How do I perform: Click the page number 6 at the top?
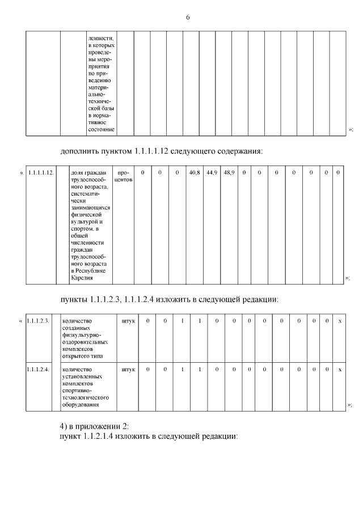click(187, 18)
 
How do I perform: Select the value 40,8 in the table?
click(195, 172)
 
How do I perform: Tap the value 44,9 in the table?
click(212, 172)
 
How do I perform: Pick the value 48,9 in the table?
click(229, 172)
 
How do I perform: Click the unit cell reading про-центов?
click(124, 175)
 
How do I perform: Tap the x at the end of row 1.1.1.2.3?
click(340, 321)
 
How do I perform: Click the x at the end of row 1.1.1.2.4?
click(340, 369)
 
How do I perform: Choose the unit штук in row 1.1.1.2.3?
click(128, 321)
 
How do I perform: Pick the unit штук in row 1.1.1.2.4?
click(128, 369)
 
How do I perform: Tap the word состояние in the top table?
click(101, 130)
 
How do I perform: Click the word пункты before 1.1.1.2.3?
click(74, 299)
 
